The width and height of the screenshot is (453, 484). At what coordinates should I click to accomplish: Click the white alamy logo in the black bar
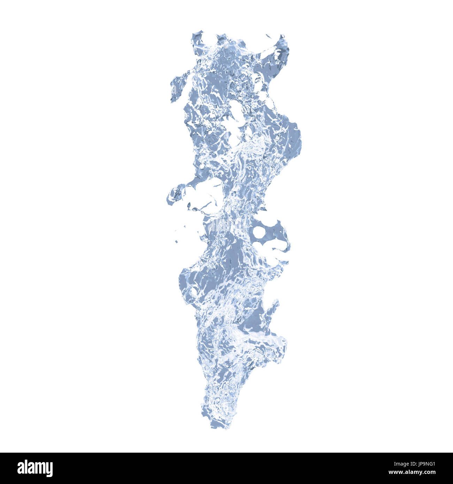[x=35, y=468]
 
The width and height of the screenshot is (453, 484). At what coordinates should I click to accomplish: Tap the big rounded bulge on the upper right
[x=293, y=139]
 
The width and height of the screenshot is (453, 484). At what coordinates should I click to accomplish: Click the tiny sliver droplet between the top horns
[x=269, y=36]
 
